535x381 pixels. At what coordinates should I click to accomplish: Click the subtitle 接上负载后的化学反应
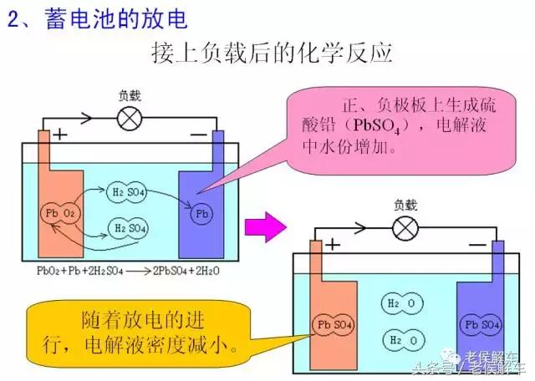(x=272, y=54)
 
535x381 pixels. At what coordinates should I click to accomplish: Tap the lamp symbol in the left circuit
(x=130, y=119)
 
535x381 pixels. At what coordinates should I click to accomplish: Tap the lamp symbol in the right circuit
(x=405, y=226)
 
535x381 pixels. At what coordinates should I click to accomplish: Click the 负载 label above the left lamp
(x=130, y=97)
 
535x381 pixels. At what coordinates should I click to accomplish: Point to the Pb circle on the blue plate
(x=201, y=214)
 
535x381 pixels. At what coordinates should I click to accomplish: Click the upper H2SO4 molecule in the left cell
(x=129, y=194)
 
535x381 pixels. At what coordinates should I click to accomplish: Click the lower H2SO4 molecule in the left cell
(x=129, y=227)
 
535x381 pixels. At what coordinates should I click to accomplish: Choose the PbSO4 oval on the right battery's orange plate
(x=331, y=324)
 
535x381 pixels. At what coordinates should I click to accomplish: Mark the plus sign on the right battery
(x=334, y=243)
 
